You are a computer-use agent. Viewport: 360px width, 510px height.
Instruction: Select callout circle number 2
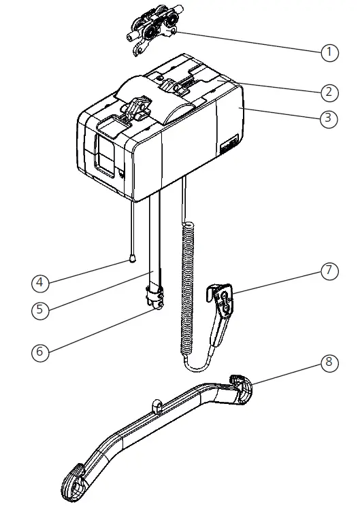point(329,91)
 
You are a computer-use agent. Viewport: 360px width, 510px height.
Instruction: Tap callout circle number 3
point(329,117)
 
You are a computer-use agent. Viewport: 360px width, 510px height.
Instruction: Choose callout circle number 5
point(40,309)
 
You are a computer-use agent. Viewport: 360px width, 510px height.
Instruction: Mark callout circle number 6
point(40,352)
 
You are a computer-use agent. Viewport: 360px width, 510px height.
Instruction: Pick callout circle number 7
point(329,271)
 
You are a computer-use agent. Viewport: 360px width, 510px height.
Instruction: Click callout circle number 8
point(329,362)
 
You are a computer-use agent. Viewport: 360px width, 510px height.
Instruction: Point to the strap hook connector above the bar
point(154,299)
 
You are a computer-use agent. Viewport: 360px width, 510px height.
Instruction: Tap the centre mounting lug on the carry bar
point(157,405)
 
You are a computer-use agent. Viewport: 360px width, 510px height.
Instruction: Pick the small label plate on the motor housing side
point(227,144)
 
